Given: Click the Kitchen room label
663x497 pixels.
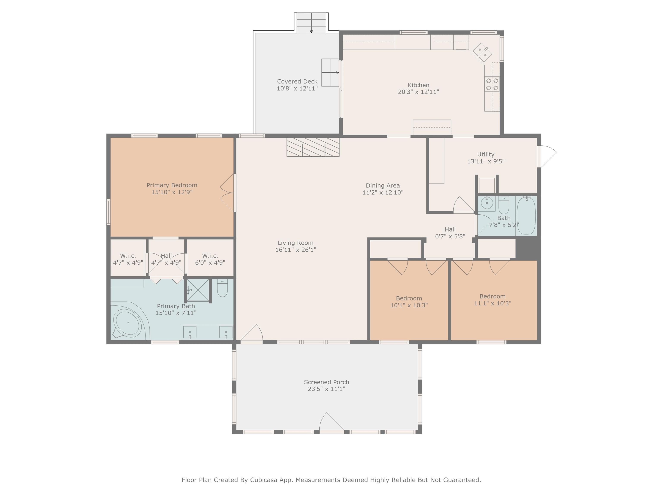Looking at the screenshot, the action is [418, 85].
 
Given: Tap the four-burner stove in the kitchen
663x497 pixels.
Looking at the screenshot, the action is [492, 84].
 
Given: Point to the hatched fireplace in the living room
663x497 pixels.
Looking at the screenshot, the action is [313, 147].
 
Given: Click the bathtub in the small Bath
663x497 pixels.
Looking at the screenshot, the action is [526, 215].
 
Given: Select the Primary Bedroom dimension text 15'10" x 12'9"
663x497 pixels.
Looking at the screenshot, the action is [172, 192].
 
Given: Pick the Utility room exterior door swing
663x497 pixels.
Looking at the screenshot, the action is [547, 156].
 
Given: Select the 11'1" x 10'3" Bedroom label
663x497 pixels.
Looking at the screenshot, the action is [493, 300].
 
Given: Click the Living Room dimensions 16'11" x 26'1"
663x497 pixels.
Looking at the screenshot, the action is [296, 250].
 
